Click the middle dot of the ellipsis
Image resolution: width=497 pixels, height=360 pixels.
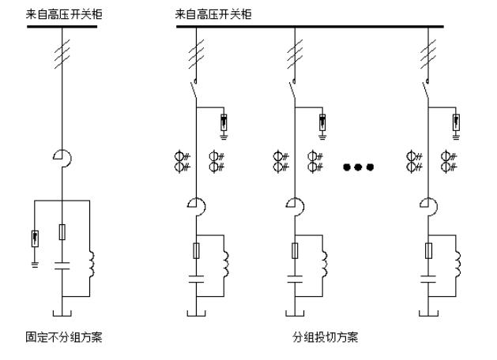click(x=358, y=167)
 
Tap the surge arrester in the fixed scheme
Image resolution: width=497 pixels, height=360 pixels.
click(x=35, y=237)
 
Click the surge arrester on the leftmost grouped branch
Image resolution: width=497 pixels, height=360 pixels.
click(x=224, y=122)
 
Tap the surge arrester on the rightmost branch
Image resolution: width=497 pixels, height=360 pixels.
click(x=456, y=122)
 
